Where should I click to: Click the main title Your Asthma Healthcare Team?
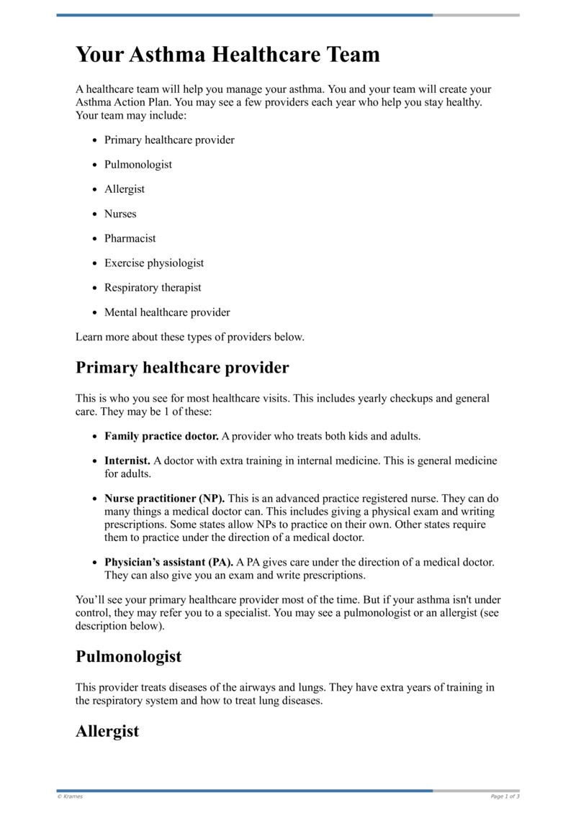point(228,55)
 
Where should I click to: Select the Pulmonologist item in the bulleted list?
point(138,165)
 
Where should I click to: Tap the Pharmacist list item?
point(130,238)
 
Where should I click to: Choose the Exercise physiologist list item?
point(154,263)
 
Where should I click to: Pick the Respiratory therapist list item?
point(153,288)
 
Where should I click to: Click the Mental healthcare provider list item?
point(167,312)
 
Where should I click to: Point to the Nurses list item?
point(120,214)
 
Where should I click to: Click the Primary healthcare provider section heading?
point(182,368)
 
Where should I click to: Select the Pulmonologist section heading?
point(128,657)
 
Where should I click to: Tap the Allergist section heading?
point(107,732)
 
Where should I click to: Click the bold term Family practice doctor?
point(161,436)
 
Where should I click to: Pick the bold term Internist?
point(127,460)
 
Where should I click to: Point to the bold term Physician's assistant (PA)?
point(168,562)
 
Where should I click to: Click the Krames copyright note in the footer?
point(70,796)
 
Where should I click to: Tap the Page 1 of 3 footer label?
point(505,796)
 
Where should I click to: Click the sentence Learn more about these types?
point(190,337)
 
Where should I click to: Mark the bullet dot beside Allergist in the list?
point(95,190)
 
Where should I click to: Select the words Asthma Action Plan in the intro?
point(114,102)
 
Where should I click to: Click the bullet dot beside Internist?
point(95,461)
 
